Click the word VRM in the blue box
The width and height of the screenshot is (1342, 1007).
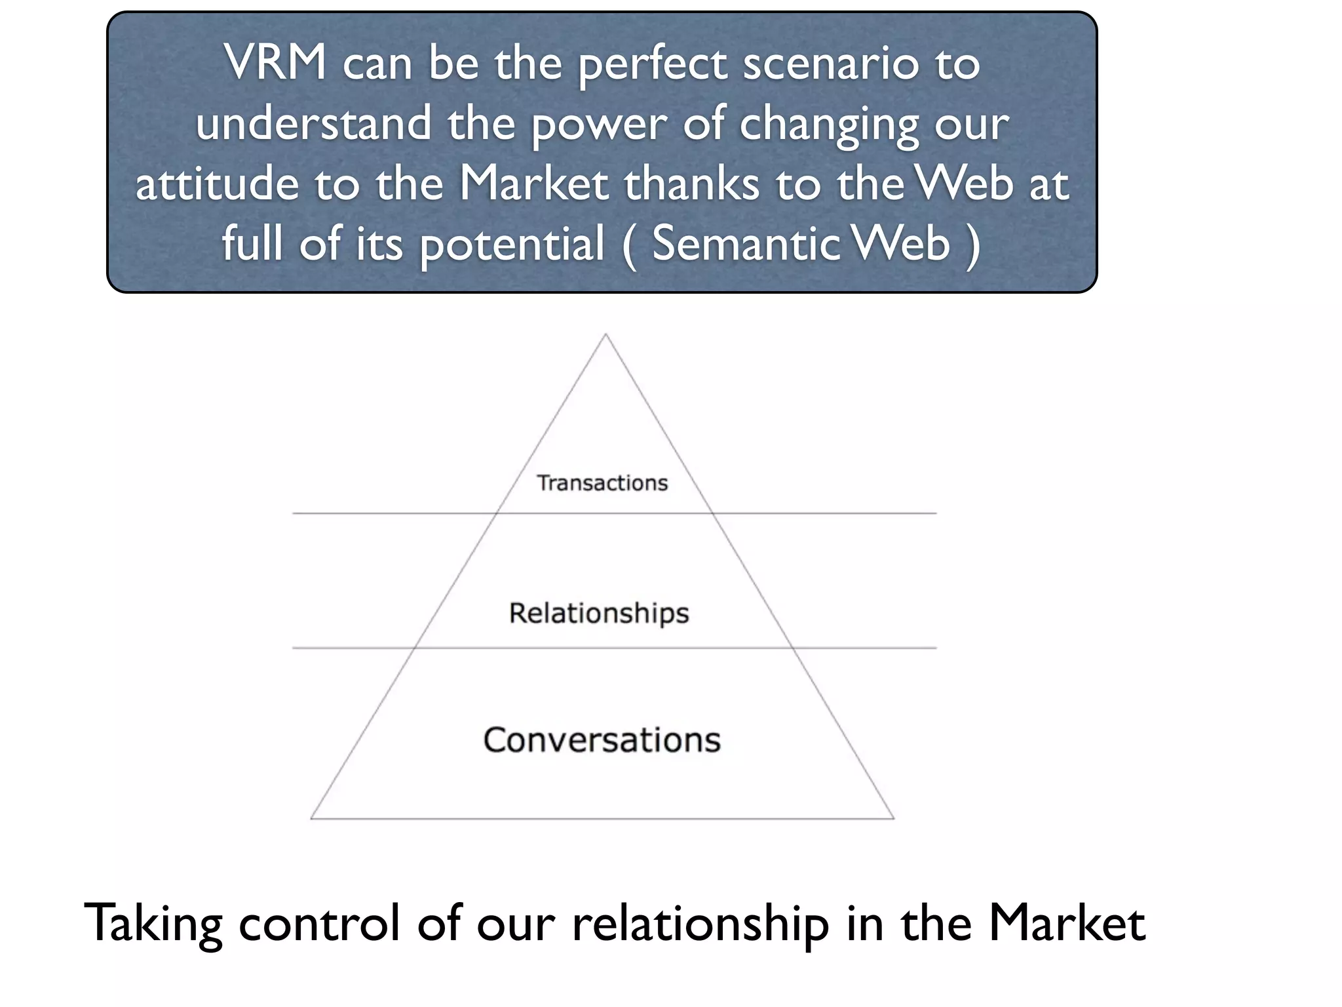coord(275,63)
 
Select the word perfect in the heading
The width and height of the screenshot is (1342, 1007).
coord(653,66)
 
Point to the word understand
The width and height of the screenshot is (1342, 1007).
coord(314,123)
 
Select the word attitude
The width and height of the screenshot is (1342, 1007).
coord(216,184)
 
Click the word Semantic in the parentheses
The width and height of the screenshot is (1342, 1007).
coord(746,243)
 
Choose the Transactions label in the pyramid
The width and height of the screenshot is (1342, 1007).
coord(602,483)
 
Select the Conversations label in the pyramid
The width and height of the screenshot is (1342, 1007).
coord(602,740)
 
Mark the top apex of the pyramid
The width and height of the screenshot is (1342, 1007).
coord(605,335)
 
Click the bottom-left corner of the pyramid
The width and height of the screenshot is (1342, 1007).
coord(311,818)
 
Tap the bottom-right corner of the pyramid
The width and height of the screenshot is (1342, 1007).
coord(894,818)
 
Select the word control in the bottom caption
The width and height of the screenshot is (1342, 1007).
coord(318,923)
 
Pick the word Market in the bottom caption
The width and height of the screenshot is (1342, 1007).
coord(1066,923)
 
